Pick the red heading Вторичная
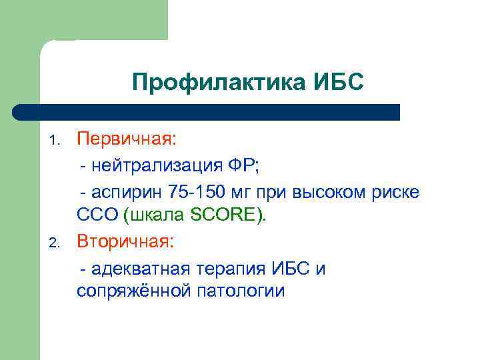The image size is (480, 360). [125, 241]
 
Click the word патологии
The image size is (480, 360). [240, 291]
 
